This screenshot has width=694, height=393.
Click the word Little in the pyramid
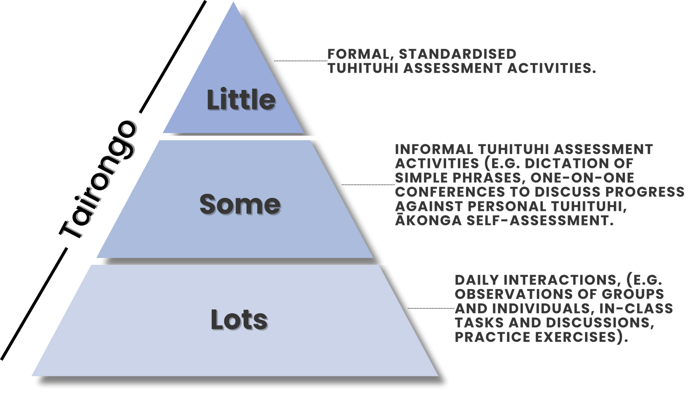point(241,100)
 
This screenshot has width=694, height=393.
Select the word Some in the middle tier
point(240,205)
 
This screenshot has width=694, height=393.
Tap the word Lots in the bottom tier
point(239,320)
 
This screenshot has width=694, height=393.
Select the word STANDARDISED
point(458,54)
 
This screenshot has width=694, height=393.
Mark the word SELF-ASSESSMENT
point(540,221)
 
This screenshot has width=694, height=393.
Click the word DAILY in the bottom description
point(477,280)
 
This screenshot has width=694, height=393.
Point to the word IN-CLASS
point(636,309)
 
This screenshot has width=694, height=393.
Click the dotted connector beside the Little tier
point(301,61)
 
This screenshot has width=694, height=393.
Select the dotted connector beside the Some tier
point(368,185)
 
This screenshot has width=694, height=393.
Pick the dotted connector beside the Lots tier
point(431,308)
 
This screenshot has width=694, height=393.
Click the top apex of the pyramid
point(233,2)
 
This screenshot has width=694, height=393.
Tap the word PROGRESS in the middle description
point(645,192)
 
